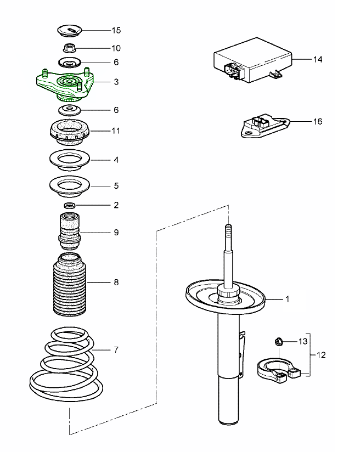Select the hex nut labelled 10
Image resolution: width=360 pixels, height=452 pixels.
point(69,48)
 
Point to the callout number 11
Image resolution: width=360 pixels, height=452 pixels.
point(116,132)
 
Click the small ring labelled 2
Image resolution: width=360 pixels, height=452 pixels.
point(69,205)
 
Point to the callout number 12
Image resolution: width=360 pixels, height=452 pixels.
point(321,355)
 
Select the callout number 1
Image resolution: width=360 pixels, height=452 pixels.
point(286,300)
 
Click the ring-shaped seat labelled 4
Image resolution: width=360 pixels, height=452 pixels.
point(69,160)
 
